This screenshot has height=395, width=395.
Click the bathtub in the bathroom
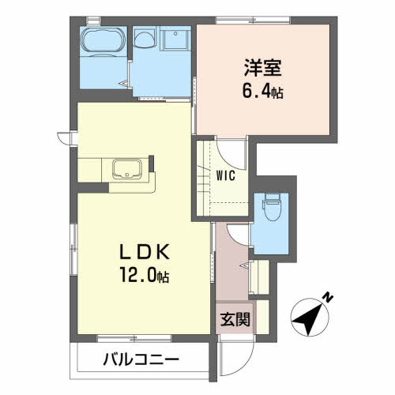click(103, 42)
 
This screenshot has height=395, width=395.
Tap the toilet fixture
click(272, 207)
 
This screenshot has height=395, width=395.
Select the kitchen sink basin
click(127, 169)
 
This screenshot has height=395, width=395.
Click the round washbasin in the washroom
click(144, 39)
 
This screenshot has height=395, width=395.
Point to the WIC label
click(226, 176)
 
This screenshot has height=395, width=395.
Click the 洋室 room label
click(263, 68)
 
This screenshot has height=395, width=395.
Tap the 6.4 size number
click(256, 92)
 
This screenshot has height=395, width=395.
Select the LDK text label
click(145, 252)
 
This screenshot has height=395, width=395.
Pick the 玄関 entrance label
click(235, 319)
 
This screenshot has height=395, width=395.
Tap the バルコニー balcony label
click(141, 359)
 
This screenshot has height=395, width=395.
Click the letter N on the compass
click(328, 297)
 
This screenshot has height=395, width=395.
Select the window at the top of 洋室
click(253, 20)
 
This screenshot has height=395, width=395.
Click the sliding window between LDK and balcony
click(134, 338)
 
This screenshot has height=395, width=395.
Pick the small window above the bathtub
click(93, 20)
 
